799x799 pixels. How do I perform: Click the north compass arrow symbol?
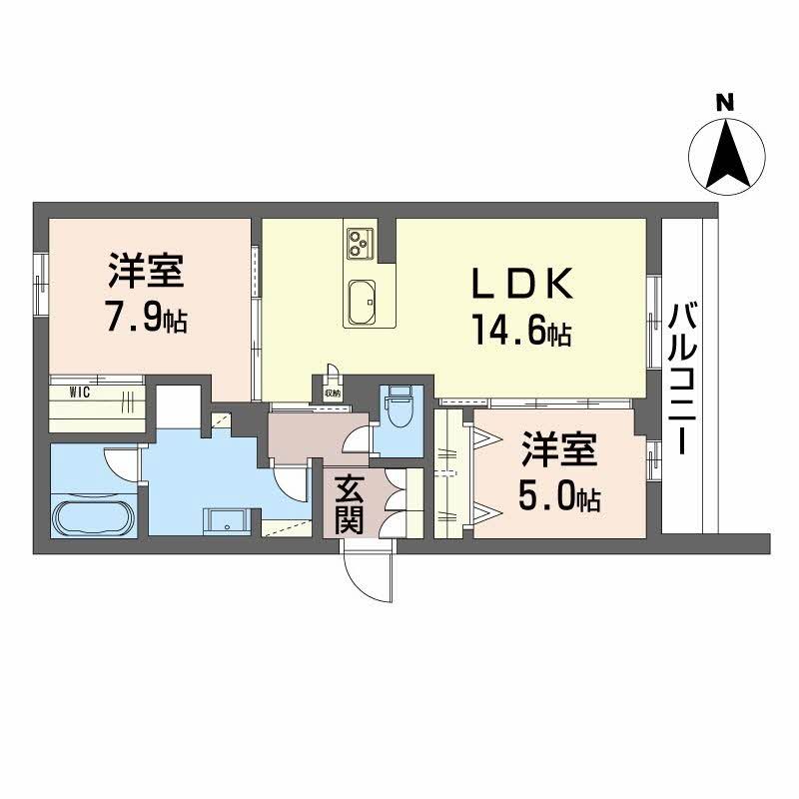727,155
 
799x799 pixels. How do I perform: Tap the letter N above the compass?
726,101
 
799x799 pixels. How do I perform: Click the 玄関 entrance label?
348,503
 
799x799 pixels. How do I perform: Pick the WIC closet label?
81,392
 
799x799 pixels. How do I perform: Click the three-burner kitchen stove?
359,240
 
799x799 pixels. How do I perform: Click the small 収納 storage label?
332,394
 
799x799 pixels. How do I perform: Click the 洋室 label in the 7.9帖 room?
147,270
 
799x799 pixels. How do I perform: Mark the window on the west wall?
40,284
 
